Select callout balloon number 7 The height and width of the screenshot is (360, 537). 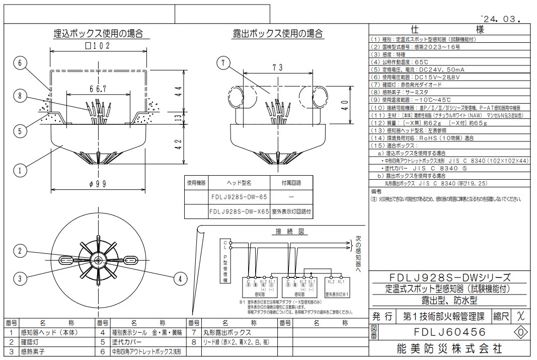click(x=223, y=63)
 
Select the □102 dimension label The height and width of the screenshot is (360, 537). click(x=98, y=46)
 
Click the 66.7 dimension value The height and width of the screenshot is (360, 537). click(x=99, y=89)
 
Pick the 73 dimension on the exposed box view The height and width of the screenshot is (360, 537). click(x=277, y=67)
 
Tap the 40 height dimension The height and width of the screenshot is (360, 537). click(x=344, y=105)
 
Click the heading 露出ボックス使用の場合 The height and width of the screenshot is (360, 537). click(x=278, y=34)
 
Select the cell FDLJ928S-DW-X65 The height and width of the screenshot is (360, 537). click(x=239, y=212)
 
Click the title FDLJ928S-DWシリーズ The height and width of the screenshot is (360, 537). click(x=450, y=277)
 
